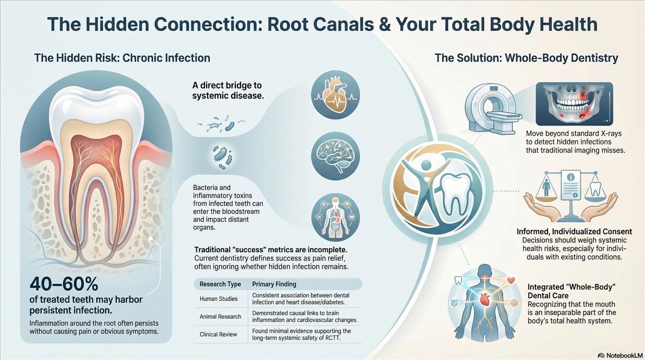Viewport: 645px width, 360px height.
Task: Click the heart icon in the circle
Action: pyautogui.click(x=336, y=95)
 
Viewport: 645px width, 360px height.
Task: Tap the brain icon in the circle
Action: pyautogui.click(x=336, y=156)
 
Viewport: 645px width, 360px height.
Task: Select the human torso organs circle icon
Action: pyautogui.click(x=336, y=217)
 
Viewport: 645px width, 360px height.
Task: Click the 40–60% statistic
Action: pyautogui.click(x=64, y=284)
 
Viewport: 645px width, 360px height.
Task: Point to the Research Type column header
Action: pyautogui.click(x=220, y=284)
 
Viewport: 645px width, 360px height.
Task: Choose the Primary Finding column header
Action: pyautogui.click(x=274, y=284)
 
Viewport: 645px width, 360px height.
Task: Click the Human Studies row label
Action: pyautogui.click(x=218, y=299)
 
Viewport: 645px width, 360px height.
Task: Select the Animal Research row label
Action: pyautogui.click(x=220, y=316)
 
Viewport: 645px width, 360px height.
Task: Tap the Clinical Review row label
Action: pyautogui.click(x=218, y=334)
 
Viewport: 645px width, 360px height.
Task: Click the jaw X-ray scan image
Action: pyautogui.click(x=574, y=104)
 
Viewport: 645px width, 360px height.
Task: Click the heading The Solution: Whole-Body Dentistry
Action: pyautogui.click(x=526, y=58)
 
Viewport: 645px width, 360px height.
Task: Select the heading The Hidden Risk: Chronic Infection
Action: pyautogui.click(x=122, y=58)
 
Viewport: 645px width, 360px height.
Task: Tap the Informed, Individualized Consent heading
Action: pyautogui.click(x=574, y=232)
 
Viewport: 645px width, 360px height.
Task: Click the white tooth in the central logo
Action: pyautogui.click(x=457, y=196)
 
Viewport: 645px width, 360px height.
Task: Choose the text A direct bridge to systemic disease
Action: pyautogui.click(x=228, y=90)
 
